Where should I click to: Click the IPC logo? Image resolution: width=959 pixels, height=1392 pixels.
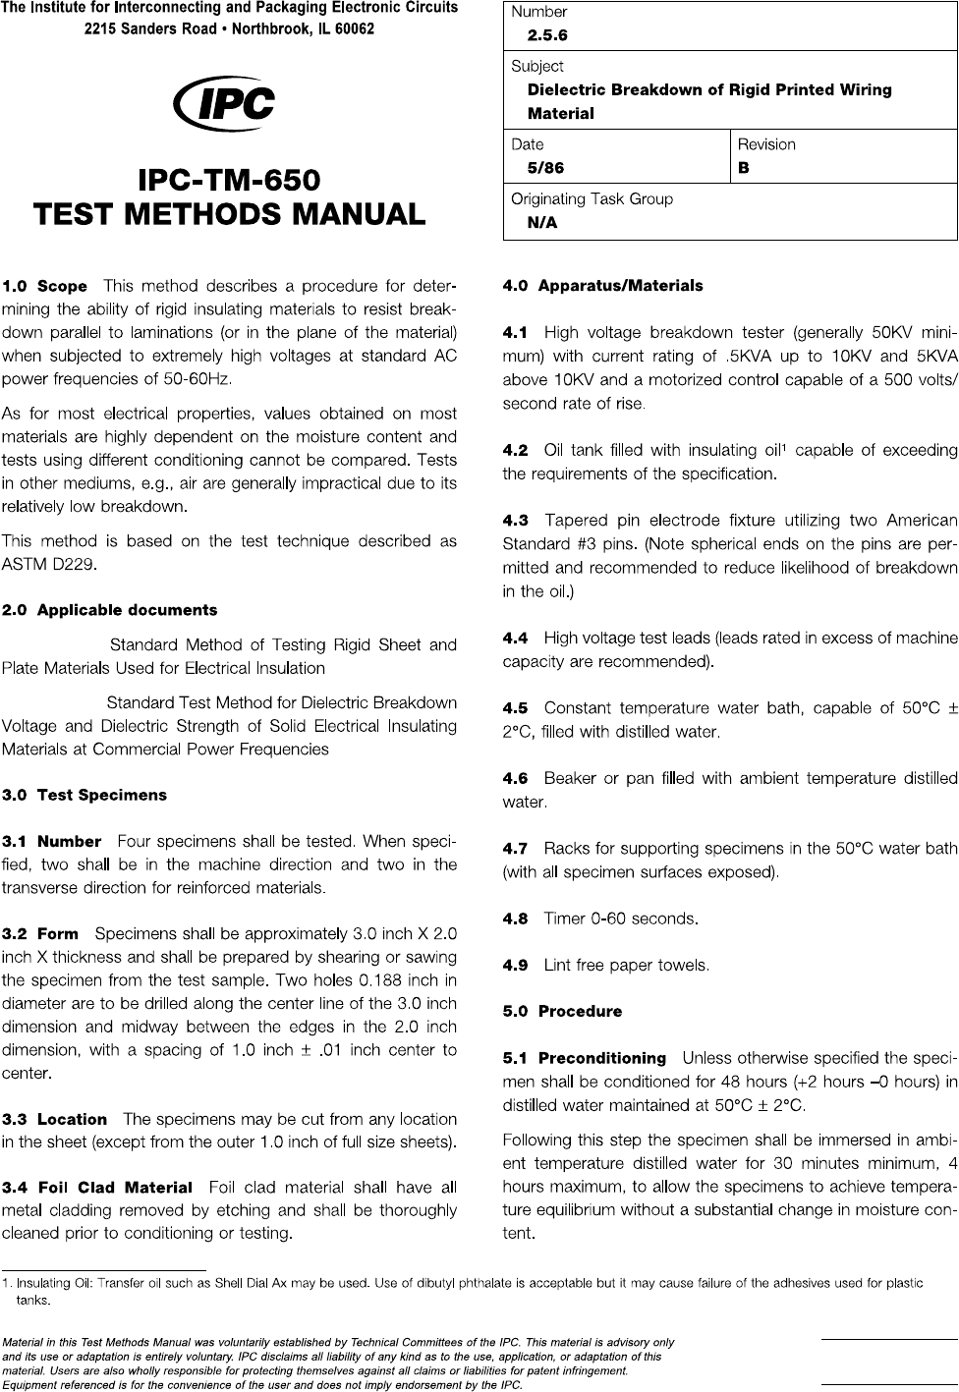tap(223, 104)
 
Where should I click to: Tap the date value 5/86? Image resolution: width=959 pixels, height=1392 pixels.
tap(545, 168)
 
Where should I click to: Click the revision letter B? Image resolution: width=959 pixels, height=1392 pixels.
tap(744, 168)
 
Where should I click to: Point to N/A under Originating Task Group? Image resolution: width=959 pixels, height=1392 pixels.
tap(541, 223)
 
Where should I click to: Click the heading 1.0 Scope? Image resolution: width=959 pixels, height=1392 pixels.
tap(45, 287)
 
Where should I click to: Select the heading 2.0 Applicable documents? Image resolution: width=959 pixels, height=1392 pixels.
tap(110, 610)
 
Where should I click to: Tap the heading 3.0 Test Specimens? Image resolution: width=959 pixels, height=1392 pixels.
tap(85, 795)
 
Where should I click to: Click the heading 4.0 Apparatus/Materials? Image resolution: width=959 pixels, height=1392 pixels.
tap(602, 286)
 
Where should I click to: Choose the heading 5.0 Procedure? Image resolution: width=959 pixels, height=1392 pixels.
tap(562, 1011)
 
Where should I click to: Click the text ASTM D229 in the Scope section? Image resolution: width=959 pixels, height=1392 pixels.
tap(48, 564)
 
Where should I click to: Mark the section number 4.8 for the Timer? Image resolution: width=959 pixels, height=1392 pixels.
tap(515, 919)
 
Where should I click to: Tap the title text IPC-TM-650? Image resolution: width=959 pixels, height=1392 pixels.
tap(229, 181)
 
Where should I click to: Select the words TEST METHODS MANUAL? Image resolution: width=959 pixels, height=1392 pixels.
tap(229, 213)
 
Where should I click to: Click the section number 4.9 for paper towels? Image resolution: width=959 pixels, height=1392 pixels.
tap(515, 965)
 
